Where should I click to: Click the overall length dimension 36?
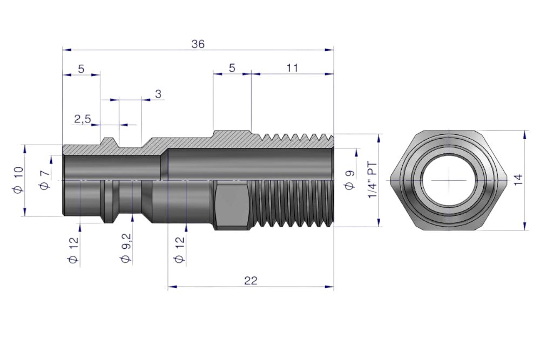[x=198, y=44]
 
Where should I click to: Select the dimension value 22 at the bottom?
[x=251, y=281]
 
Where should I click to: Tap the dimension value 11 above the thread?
[x=292, y=68]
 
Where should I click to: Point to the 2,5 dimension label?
[x=83, y=119]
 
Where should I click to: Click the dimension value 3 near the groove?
[x=158, y=94]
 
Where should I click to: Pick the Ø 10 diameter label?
[x=18, y=180]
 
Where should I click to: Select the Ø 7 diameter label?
[x=45, y=180]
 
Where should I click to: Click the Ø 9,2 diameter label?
[x=126, y=248]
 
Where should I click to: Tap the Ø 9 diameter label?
[x=349, y=180]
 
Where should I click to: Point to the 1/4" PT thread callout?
[x=373, y=180]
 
